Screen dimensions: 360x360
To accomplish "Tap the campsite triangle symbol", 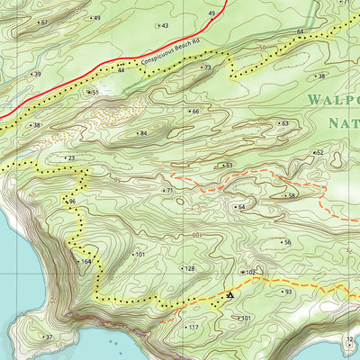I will (230, 294).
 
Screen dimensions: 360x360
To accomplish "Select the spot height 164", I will (85, 261).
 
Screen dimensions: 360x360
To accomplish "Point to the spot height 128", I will (188, 268).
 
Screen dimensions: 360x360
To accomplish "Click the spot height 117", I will (192, 328).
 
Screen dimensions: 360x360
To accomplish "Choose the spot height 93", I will (287, 292).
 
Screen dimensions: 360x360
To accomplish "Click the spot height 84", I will (141, 133).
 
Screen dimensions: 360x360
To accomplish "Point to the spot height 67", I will (43, 22).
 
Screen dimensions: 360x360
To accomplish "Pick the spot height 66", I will (193, 112).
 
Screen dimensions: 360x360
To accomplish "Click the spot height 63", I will (283, 123).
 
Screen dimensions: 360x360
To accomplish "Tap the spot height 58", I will (290, 195).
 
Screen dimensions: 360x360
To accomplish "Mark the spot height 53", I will (227, 166).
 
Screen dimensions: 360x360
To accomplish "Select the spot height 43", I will (164, 25).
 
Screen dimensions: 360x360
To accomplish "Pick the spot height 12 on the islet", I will (349, 339).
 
